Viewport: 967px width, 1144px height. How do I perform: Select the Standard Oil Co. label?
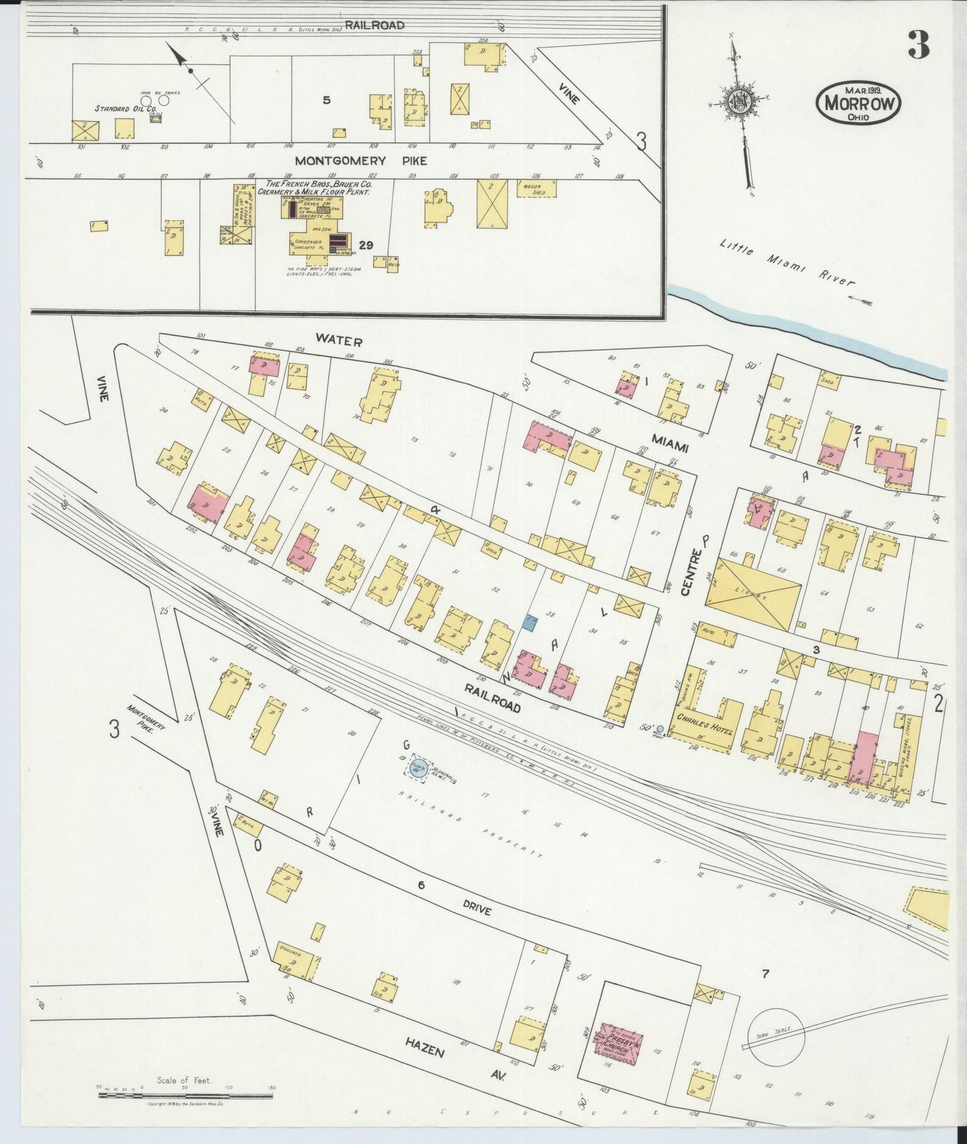125,108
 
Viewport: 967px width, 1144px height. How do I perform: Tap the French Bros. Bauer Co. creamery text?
319,187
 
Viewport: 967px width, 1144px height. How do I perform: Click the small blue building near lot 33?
530,624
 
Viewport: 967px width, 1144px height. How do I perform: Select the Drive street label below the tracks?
476,910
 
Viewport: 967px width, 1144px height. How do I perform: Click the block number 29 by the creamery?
365,244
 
